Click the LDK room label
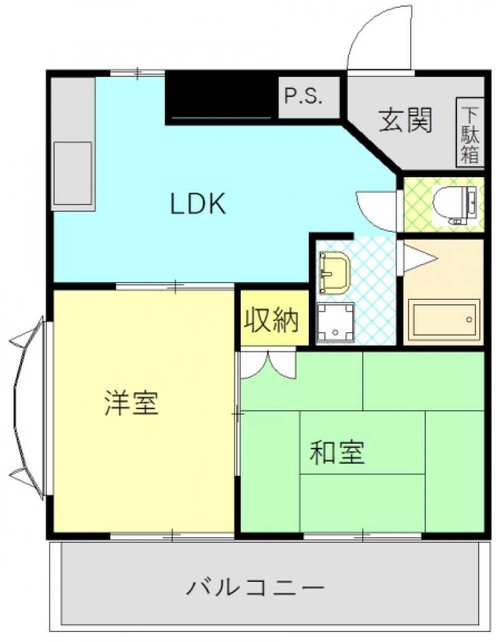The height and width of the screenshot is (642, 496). point(198,203)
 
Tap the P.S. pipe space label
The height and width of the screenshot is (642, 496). point(304,97)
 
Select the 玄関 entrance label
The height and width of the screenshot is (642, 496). point(405,120)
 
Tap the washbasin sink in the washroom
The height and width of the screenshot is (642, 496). point(334,272)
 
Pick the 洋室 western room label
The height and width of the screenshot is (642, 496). point(131,403)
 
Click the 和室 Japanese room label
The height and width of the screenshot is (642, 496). point(337,452)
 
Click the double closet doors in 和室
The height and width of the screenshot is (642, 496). point(268,364)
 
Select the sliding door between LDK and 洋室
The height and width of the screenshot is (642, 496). point(175,286)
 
